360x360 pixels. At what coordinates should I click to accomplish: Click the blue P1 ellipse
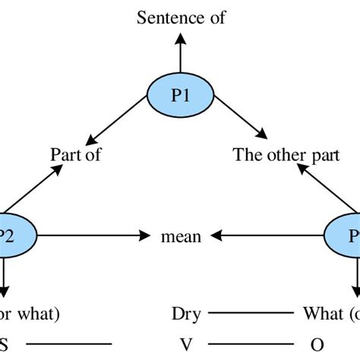pos(180,96)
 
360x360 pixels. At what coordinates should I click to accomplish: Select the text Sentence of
pos(181,17)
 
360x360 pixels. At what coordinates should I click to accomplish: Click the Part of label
pos(75,154)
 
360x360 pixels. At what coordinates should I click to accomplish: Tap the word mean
pos(181,237)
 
